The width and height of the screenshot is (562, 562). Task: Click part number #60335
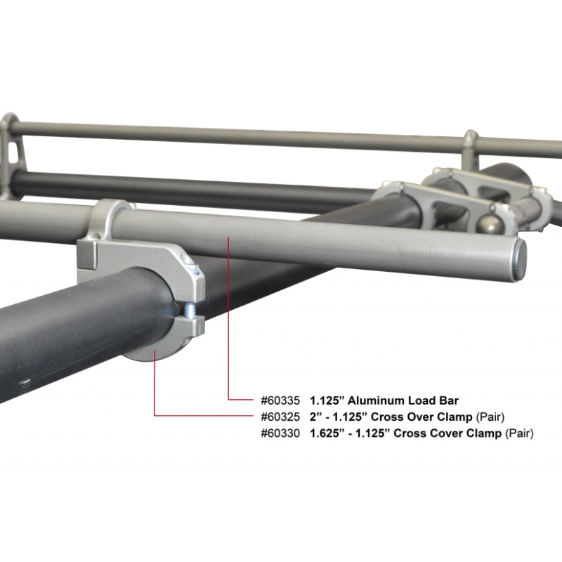[280, 400]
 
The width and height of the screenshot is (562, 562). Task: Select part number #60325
[280, 417]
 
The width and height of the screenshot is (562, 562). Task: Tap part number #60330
[280, 433]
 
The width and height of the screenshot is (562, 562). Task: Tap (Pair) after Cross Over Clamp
[490, 417]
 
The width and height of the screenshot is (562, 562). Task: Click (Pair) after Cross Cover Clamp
[519, 433]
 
